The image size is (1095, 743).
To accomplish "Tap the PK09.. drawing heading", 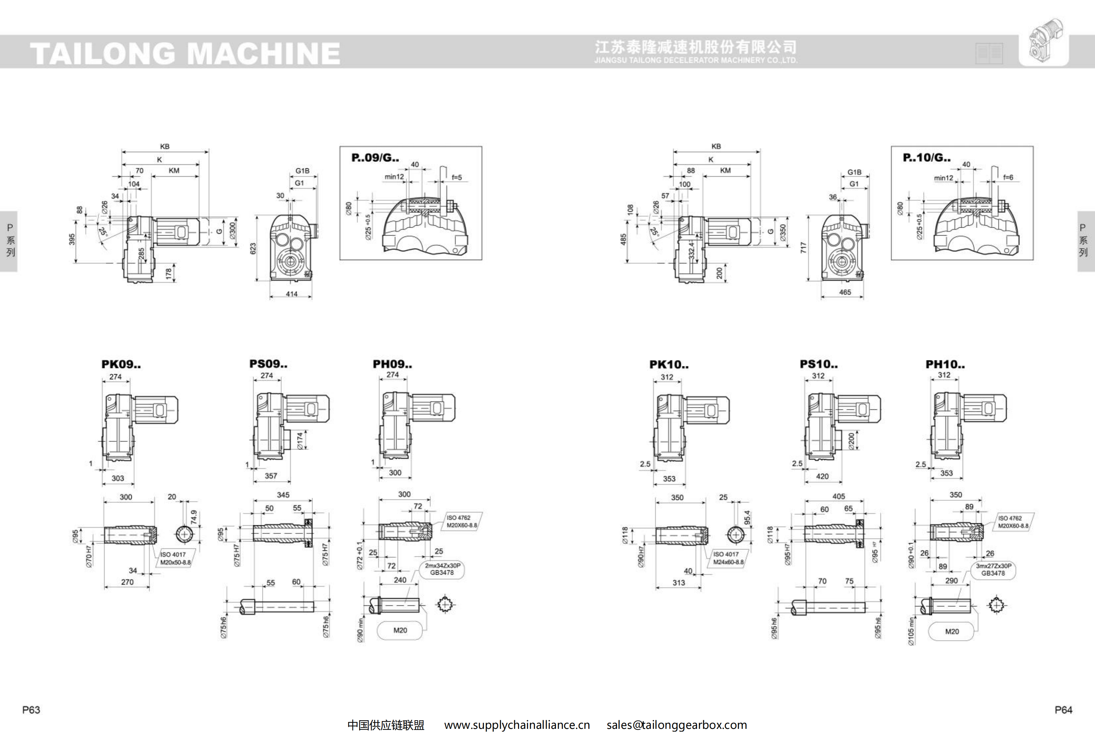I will point(121,364).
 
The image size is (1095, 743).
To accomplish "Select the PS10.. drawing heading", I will point(818,364).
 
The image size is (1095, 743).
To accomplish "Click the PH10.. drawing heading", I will point(945,364).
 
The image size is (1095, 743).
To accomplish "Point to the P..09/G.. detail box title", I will point(375,158).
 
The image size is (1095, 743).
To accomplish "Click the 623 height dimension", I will point(253,248).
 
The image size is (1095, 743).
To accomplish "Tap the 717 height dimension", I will point(803,248).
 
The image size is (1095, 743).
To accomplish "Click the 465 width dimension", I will point(845,292).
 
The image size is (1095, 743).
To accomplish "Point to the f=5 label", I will point(457,178).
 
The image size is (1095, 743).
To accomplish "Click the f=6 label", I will point(1008,178).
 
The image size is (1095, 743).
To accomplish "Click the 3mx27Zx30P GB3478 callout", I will point(993,569).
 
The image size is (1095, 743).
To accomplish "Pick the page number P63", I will point(31,710).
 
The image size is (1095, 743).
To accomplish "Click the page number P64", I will point(1063,710).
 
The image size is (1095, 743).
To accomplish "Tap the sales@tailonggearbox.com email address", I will point(677,725).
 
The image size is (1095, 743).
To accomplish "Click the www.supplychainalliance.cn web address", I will point(517,725).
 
